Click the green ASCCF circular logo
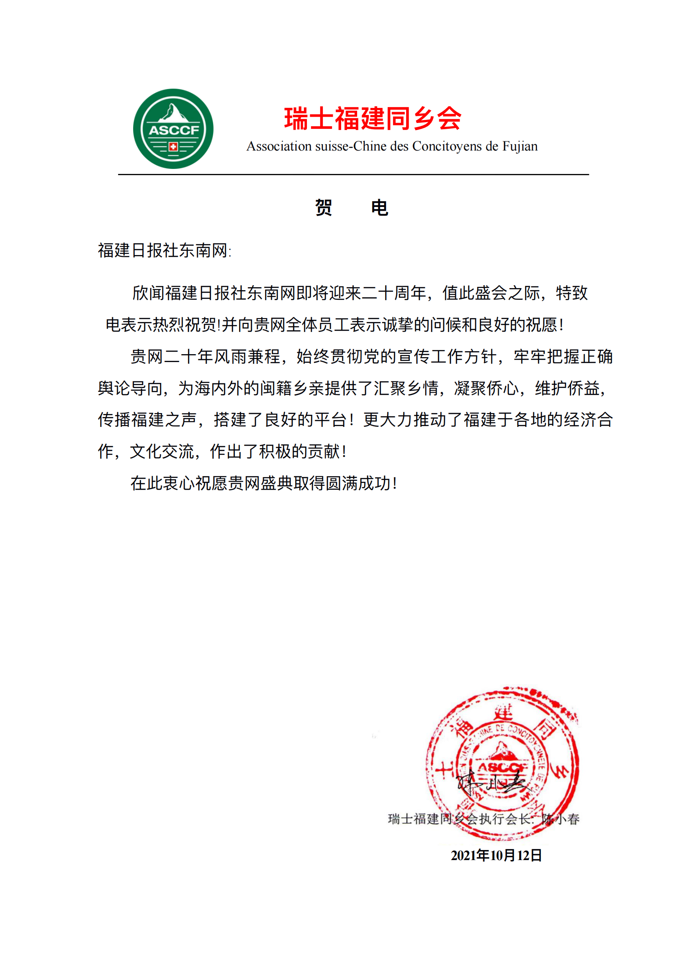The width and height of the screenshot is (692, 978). coord(173,129)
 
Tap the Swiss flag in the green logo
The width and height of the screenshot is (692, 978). coord(173,147)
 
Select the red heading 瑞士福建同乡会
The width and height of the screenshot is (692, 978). coord(372,118)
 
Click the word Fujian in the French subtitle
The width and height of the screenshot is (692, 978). coord(520,146)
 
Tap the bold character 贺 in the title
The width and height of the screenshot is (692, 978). coord(324,208)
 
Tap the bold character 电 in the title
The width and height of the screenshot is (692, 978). coord(379,208)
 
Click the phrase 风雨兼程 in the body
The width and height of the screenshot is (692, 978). coord(247,357)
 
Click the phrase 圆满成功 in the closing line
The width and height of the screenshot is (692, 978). coord(359,483)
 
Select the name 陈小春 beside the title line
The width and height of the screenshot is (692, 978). coord(560,819)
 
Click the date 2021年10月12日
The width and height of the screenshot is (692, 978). coord(496,855)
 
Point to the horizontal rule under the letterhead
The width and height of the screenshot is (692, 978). coord(353,175)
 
